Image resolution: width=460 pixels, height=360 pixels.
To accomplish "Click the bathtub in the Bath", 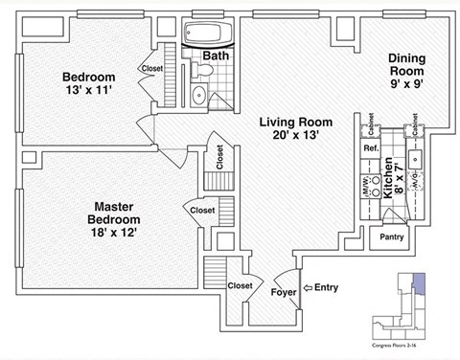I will [202, 34].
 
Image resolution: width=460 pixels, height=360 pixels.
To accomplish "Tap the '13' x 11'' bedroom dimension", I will [90, 93].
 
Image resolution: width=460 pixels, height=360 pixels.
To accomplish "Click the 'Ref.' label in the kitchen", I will [370, 149].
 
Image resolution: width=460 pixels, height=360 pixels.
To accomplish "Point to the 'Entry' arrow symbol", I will [308, 286].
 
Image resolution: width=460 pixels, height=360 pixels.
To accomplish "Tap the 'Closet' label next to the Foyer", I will [241, 284].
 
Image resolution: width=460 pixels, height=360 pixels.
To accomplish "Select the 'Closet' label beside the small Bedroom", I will [152, 69].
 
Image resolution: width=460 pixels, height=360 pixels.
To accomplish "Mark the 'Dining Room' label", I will [406, 65].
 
